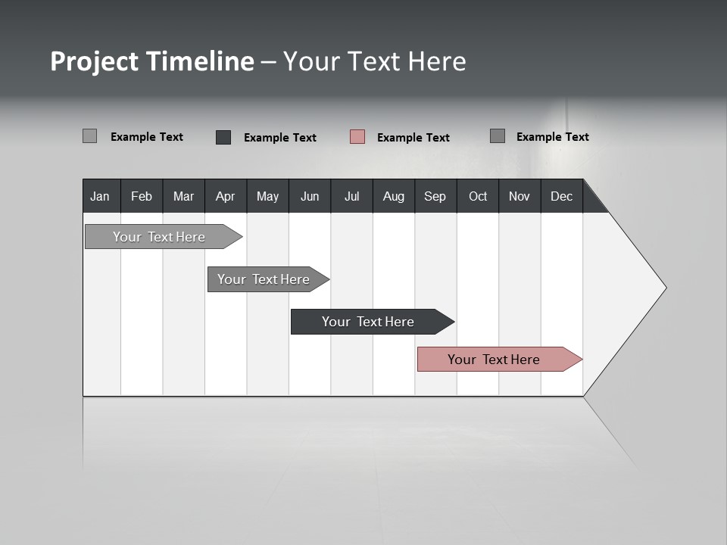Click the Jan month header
tap(101, 196)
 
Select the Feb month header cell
tap(142, 196)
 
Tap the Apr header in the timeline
tap(226, 196)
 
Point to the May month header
tap(267, 196)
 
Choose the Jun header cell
tap(310, 196)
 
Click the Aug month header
tap(394, 196)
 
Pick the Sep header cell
tap(435, 196)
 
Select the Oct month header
tap(478, 196)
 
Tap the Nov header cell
tap(520, 196)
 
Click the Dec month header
tap(562, 196)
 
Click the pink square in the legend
tap(357, 137)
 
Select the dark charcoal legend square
tap(223, 137)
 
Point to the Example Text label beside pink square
tap(413, 138)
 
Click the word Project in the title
tap(94, 61)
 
